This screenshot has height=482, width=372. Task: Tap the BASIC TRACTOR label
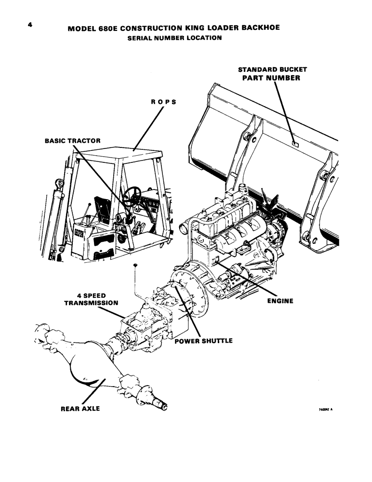tap(72, 141)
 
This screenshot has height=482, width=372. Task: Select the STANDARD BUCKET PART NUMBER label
tap(273, 73)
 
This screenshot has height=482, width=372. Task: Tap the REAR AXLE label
tap(80, 408)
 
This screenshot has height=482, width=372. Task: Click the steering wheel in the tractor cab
tap(132, 196)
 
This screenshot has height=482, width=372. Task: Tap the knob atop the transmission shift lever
tap(137, 266)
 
